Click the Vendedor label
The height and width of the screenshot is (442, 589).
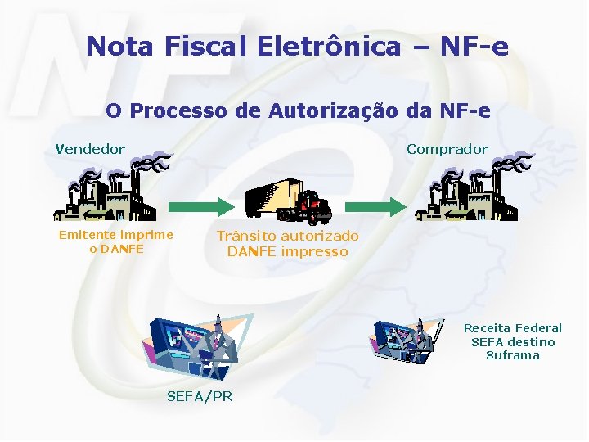click(x=91, y=149)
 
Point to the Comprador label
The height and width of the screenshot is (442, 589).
click(x=447, y=149)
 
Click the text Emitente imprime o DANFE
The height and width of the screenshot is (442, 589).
click(x=115, y=241)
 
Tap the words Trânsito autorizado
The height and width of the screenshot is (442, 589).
click(x=287, y=237)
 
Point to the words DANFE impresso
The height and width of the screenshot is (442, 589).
click(x=287, y=252)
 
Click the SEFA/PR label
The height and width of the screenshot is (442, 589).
click(x=200, y=396)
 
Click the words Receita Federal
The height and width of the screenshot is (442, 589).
click(x=513, y=328)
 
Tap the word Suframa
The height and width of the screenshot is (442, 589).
click(x=513, y=355)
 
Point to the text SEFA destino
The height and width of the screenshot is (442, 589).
click(x=513, y=341)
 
